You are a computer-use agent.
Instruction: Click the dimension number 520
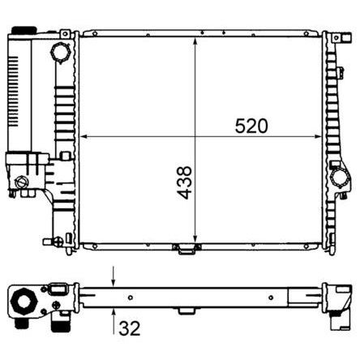coord(251,126)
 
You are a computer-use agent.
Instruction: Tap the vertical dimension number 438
coord(184,182)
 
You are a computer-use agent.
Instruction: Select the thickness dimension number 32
coord(130,328)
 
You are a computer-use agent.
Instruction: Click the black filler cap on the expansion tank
coord(24,30)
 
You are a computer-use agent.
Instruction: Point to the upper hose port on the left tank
coord(60,53)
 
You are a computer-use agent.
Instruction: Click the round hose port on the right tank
coord(341,178)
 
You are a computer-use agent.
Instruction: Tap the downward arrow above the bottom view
coord(114,276)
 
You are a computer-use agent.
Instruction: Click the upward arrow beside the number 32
coord(114,322)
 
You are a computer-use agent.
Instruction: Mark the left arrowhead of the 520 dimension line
coord(84,137)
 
